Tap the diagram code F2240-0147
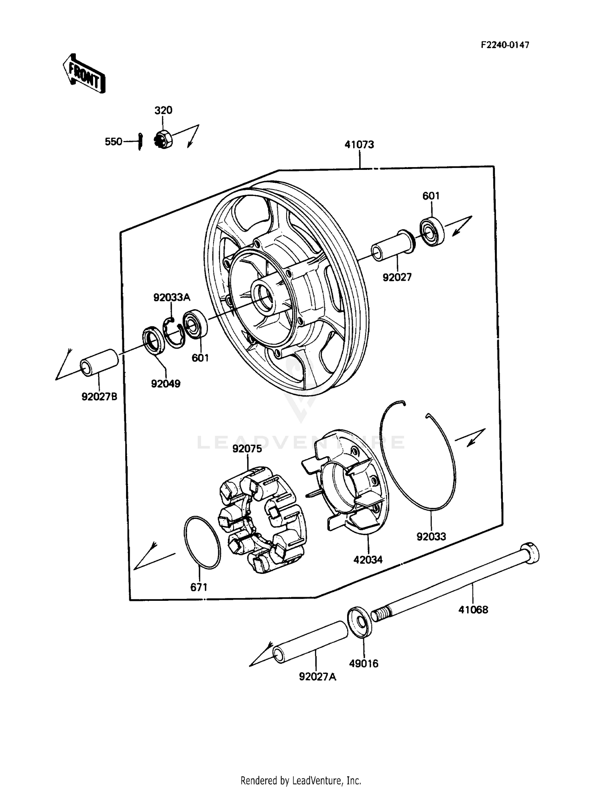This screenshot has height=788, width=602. (x=505, y=45)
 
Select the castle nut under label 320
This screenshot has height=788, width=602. (x=163, y=139)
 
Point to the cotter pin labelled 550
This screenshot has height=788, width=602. (x=140, y=141)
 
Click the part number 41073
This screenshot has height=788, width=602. (x=359, y=145)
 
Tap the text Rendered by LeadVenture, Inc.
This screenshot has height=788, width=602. (x=301, y=780)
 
